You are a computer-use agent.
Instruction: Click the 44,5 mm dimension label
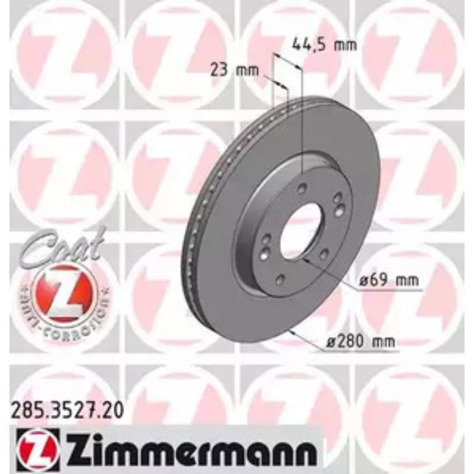324,45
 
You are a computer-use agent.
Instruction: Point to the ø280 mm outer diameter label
369,343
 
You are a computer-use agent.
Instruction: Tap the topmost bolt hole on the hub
301,188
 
